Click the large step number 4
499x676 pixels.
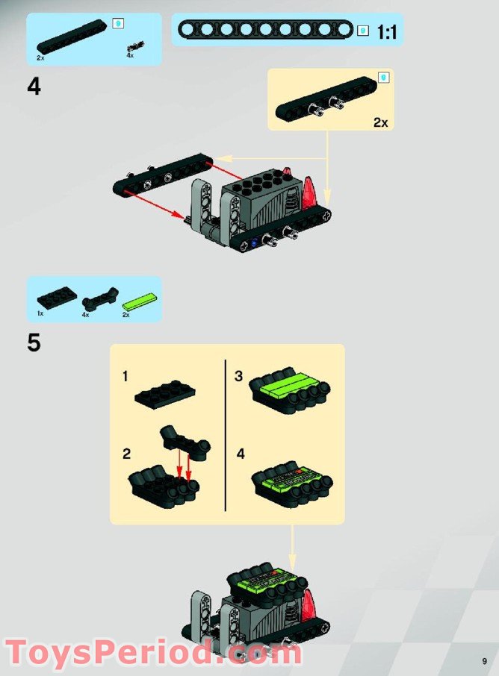pos(34,87)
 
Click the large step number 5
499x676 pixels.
pos(34,343)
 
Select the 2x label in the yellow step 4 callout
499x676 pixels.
pos(381,122)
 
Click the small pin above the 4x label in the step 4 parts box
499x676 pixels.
pos(134,46)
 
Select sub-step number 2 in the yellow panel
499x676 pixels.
pos(126,454)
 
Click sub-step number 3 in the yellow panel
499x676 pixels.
pos(239,377)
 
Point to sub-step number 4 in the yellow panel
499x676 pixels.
pos(240,454)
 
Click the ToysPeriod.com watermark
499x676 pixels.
pos(152,652)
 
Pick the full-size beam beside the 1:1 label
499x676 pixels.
pos(267,30)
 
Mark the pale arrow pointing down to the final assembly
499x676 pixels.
pos(292,549)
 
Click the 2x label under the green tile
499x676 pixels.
pos(126,316)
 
